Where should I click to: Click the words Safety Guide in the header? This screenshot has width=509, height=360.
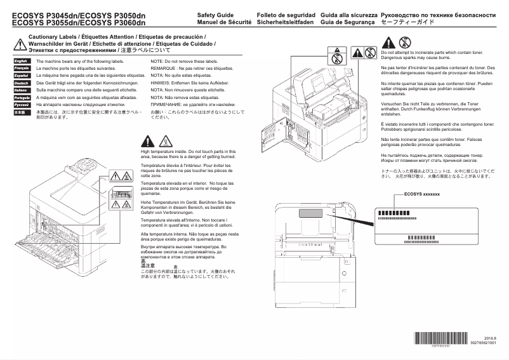click(216, 14)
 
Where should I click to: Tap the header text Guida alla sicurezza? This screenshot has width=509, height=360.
click(349, 14)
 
